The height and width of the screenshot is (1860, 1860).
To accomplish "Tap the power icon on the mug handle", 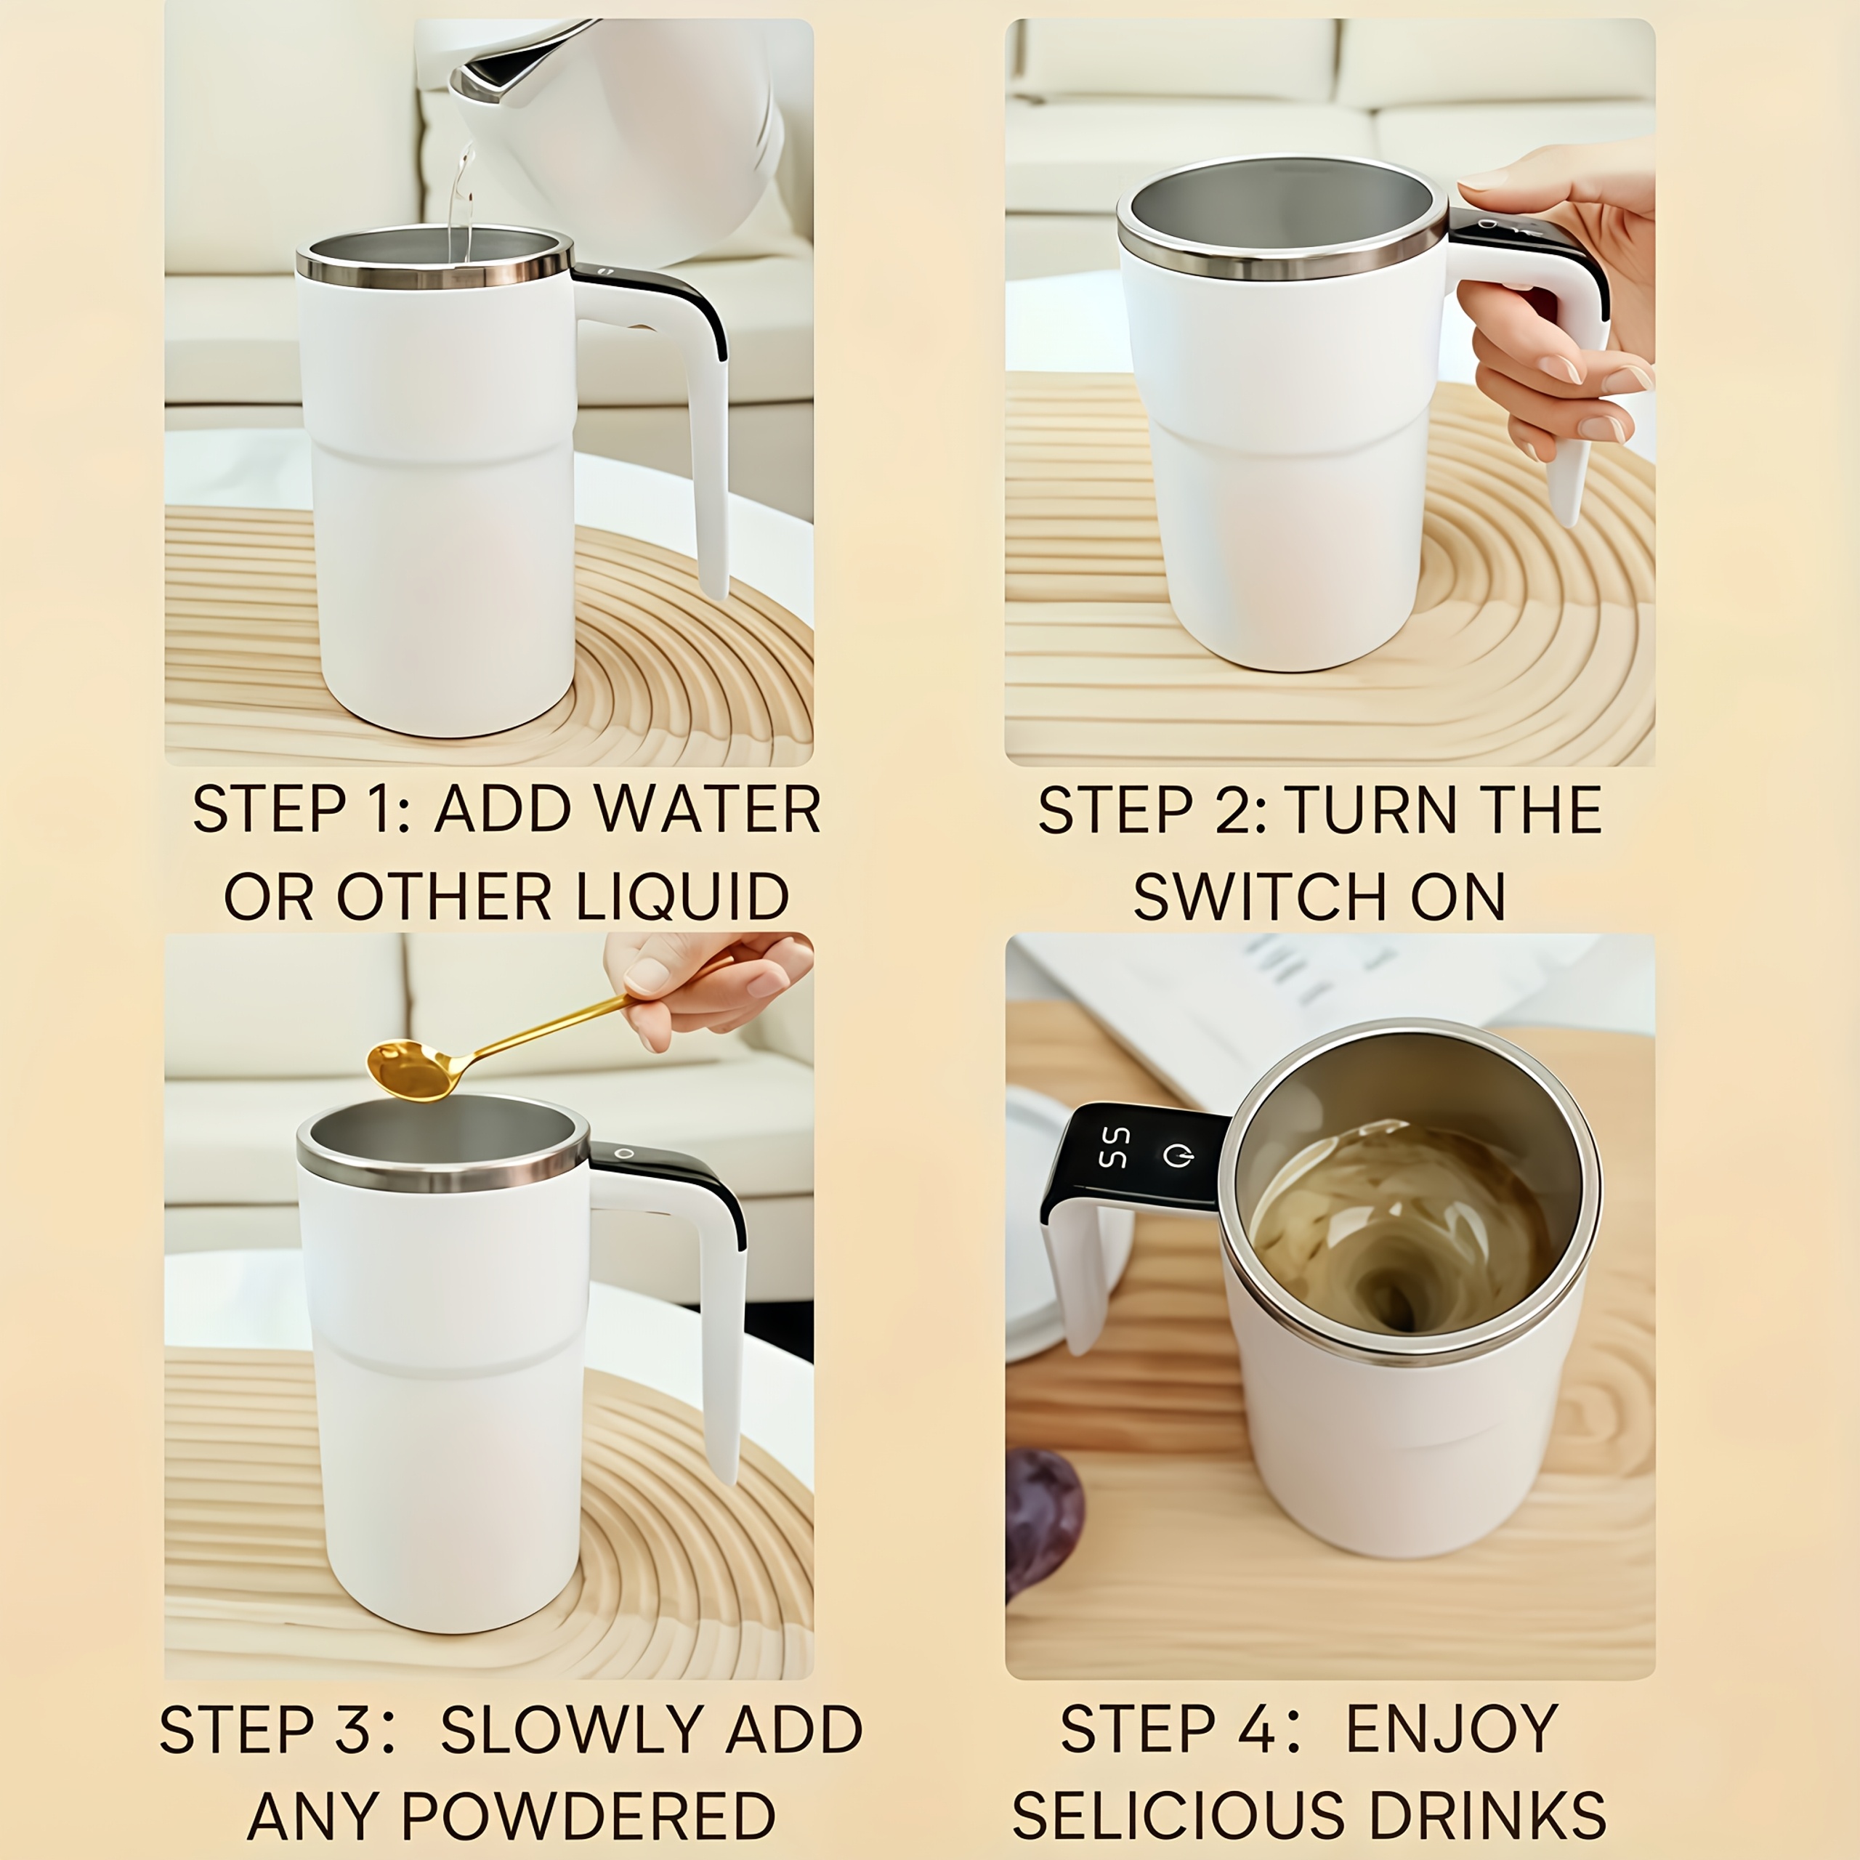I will tap(1178, 1155).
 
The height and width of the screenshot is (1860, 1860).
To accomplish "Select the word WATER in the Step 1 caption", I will tap(708, 811).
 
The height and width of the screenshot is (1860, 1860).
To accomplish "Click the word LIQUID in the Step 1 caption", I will tap(682, 897).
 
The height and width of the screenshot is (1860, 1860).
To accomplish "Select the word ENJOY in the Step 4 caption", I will tap(1452, 1730).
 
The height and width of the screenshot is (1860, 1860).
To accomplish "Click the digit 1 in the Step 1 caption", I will tap(376, 811).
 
